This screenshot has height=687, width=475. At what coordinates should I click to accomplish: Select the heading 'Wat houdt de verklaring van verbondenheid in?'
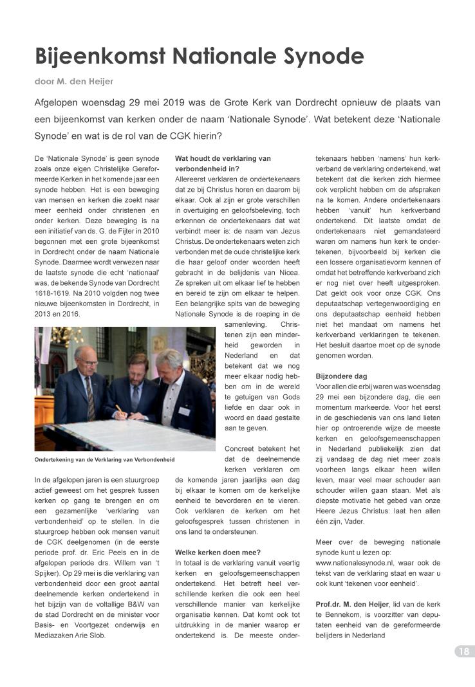pos(223,163)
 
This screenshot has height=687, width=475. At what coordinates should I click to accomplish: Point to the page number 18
pos(463,652)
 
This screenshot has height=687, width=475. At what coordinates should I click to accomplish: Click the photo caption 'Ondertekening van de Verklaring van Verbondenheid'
pos(104,460)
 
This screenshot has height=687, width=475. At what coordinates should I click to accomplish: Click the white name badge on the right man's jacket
pos(184,411)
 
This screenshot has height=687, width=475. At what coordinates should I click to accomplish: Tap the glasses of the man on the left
pos(89,362)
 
